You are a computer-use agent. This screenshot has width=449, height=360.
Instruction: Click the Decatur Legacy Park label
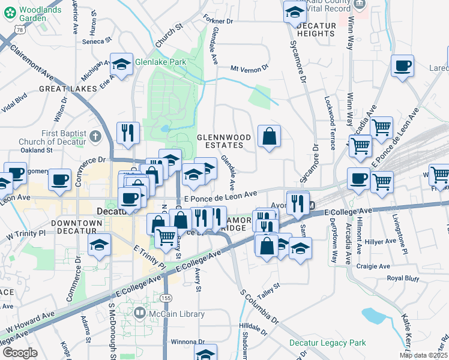click(327, 343)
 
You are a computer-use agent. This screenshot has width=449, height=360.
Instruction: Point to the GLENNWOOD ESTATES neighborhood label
click(224, 141)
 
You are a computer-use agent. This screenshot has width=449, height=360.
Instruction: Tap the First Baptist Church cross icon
click(95, 137)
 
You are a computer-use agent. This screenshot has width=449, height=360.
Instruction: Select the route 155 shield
click(165, 298)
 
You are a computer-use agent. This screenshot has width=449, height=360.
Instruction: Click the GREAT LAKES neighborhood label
click(68, 89)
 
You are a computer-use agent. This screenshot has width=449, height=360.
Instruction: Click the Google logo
click(20, 352)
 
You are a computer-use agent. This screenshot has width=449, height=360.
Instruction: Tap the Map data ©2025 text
click(423, 355)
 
